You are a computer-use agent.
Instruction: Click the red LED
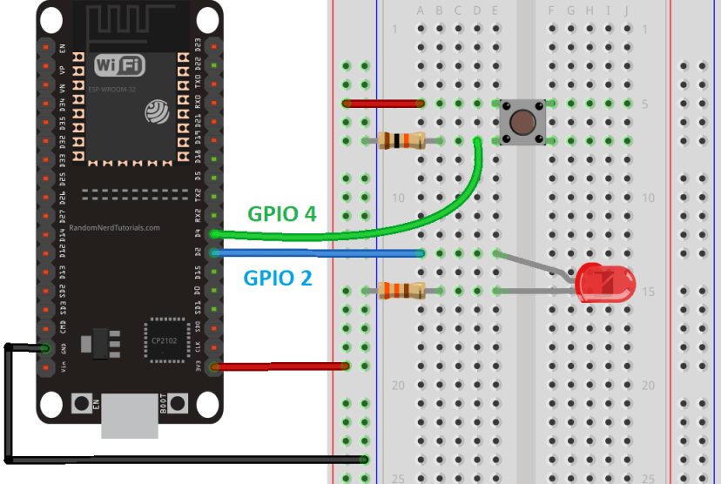click(x=606, y=284)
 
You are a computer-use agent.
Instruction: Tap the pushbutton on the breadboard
click(x=522, y=122)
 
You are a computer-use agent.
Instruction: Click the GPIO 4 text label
click(x=281, y=213)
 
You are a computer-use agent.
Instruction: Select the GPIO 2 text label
click(x=277, y=279)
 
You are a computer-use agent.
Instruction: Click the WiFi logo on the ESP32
click(x=119, y=65)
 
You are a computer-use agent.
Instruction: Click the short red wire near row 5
click(x=383, y=104)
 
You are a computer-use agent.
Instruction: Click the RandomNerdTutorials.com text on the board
click(x=114, y=228)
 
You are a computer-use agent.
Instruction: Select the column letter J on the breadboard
click(x=626, y=10)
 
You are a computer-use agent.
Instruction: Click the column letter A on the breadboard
click(x=421, y=10)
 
